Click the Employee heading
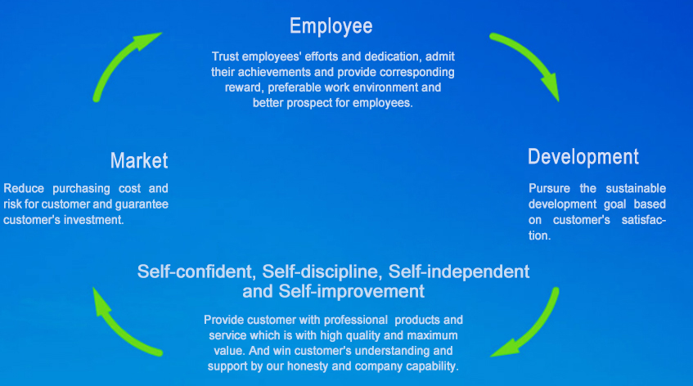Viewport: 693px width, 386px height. click(331, 26)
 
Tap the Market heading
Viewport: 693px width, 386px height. click(139, 160)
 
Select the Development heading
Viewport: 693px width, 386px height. click(583, 157)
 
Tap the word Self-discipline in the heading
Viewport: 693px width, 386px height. click(322, 272)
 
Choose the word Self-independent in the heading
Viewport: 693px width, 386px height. click(459, 272)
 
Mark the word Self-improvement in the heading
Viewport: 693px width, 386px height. click(351, 291)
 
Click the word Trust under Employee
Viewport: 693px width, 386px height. click(225, 56)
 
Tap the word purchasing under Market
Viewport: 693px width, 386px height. click(81, 189)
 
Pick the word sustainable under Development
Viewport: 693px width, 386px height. click(636, 189)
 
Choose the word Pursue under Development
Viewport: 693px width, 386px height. click(549, 189)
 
